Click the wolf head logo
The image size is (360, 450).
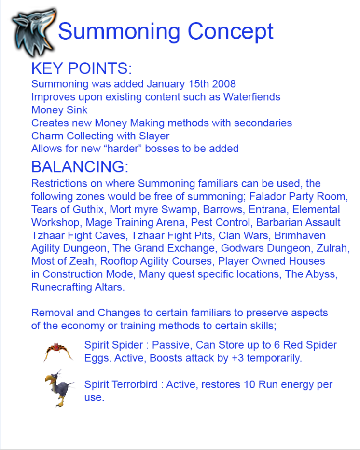[x=32, y=31]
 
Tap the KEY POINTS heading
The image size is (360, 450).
[x=82, y=68]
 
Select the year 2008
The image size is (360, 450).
[x=224, y=84]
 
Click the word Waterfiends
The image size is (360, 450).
[x=251, y=97]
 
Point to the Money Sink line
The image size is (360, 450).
[x=59, y=110]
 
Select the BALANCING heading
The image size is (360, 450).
[x=80, y=167]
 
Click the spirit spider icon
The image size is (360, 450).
[x=58, y=352]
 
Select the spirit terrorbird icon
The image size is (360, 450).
[x=58, y=387]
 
